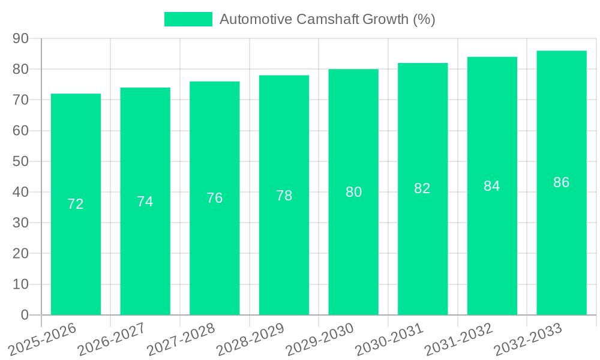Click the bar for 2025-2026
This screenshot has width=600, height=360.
tap(76, 204)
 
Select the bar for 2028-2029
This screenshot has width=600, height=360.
tap(284, 195)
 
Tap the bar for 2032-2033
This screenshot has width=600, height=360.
tap(561, 182)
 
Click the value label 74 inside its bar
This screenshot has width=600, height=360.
tap(145, 202)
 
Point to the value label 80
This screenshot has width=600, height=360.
tap(353, 192)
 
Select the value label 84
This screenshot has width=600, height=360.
tap(492, 186)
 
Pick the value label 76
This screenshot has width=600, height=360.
tap(214, 198)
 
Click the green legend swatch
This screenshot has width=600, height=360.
tap(188, 19)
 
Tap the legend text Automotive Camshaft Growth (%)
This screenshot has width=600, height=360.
tap(327, 19)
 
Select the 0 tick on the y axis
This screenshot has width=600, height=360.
tap(25, 315)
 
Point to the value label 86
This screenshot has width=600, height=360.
tap(561, 182)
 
